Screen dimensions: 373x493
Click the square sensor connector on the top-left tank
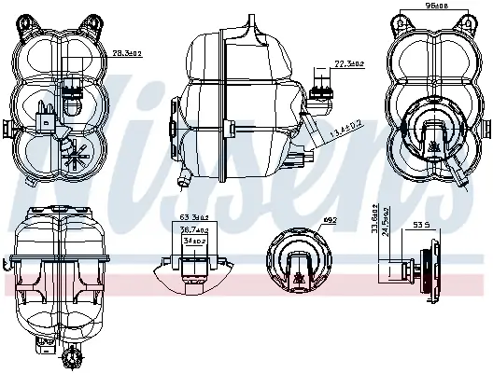coord(41,119)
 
